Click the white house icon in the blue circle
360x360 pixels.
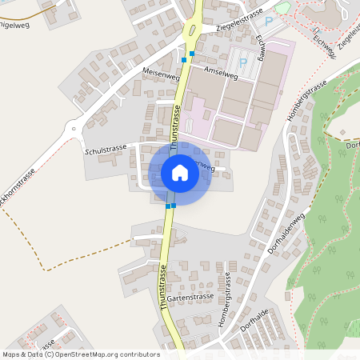pyautogui.click(x=179, y=173)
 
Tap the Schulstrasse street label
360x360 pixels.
pyautogui.click(x=106, y=150)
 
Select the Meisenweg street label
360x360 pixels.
pyautogui.click(x=159, y=73)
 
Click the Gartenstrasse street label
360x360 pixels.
pyautogui.click(x=190, y=296)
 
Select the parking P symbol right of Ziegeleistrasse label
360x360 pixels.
pyautogui.click(x=269, y=22)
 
